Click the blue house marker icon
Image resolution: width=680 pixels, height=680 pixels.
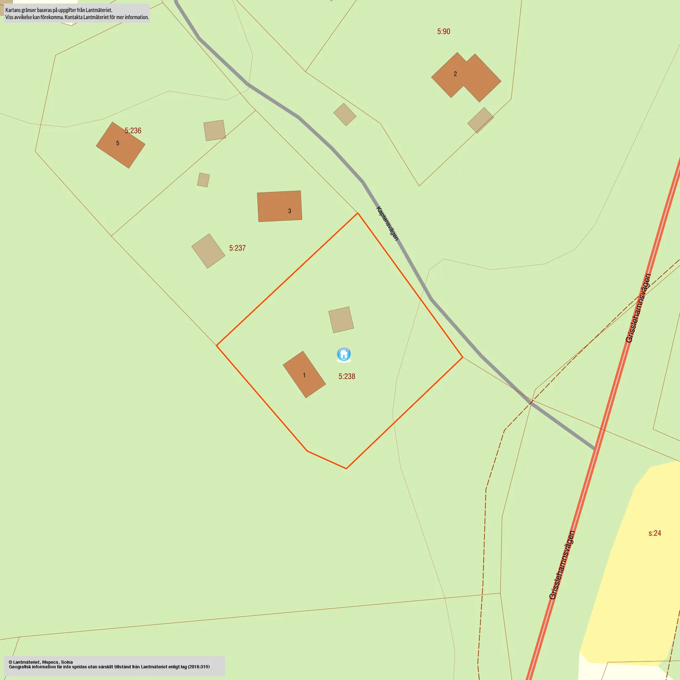pyautogui.click(x=344, y=354)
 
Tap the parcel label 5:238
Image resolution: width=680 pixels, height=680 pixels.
pyautogui.click(x=347, y=376)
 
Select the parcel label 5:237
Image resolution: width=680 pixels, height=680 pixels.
pyautogui.click(x=237, y=248)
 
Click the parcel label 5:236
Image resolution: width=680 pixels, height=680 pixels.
pyautogui.click(x=133, y=131)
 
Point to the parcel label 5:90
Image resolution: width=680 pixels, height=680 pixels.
pyautogui.click(x=443, y=31)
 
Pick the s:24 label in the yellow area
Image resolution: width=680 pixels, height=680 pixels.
pyautogui.click(x=654, y=533)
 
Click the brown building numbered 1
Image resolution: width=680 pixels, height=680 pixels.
pyautogui.click(x=304, y=374)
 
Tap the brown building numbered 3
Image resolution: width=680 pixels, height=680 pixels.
pyautogui.click(x=279, y=206)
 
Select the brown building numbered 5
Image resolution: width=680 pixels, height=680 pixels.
pyautogui.click(x=120, y=145)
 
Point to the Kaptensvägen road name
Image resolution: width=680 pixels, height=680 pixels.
pyautogui.click(x=387, y=223)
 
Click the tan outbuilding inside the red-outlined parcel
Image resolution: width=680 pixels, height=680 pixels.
pyautogui.click(x=341, y=319)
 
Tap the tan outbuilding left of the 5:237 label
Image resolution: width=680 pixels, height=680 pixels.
pyautogui.click(x=208, y=251)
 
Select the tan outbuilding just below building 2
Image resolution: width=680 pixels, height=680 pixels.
pyautogui.click(x=480, y=120)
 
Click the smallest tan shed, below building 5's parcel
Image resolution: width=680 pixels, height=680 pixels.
pyautogui.click(x=203, y=180)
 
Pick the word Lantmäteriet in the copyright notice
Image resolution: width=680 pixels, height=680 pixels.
pyautogui.click(x=27, y=662)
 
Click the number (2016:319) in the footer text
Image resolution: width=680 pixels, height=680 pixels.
pyautogui.click(x=199, y=667)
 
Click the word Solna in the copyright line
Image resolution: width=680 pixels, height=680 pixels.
pyautogui.click(x=67, y=662)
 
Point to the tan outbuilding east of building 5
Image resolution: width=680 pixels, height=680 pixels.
pyautogui.click(x=214, y=130)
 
